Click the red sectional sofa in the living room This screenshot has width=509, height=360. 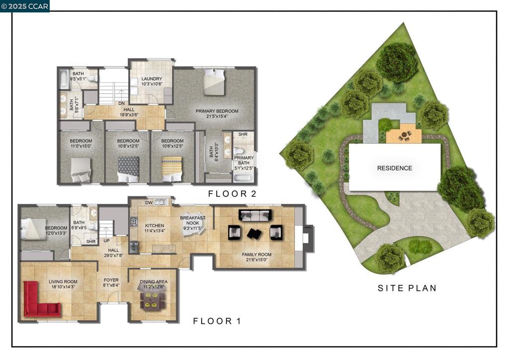(x=37, y=303)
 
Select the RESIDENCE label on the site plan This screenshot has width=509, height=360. (x=394, y=168)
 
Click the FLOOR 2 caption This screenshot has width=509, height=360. (x=232, y=194)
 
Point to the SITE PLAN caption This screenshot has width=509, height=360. (x=407, y=288)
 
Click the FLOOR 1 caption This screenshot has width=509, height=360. (x=217, y=321)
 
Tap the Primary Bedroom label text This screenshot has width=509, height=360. (x=217, y=111)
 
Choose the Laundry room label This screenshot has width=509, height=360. (x=152, y=80)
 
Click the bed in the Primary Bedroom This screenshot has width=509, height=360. (x=214, y=82)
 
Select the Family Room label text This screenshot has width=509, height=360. (x=257, y=255)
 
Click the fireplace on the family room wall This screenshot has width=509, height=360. (x=307, y=237)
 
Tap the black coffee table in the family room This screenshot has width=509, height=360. (x=255, y=233)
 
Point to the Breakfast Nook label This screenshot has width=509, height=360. (x=192, y=221)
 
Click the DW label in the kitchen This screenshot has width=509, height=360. (x=149, y=202)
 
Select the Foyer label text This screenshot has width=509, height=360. (x=111, y=282)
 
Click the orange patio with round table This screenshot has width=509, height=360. (x=404, y=135)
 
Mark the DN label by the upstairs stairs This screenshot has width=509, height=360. (x=121, y=103)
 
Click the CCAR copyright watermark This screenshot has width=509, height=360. (x=25, y=6)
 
